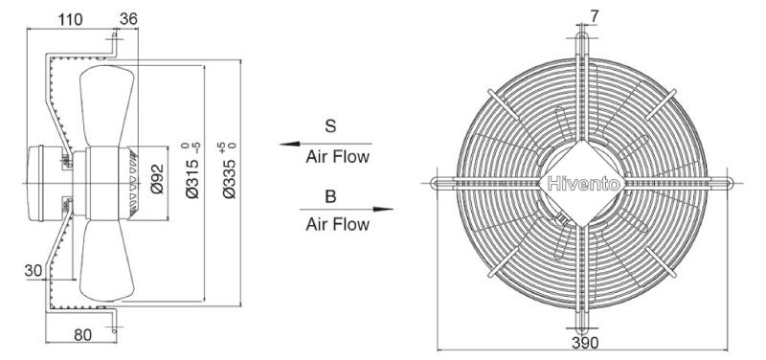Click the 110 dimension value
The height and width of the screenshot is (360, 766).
pos(70,19)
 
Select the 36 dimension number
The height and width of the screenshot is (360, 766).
pos(129,19)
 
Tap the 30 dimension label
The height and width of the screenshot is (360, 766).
pos(34,271)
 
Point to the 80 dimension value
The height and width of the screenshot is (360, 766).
pos(82,335)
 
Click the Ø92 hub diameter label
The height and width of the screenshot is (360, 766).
pos(157,179)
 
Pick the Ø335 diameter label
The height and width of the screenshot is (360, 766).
pos(231,171)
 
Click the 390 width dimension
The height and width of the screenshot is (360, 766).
pos(585,344)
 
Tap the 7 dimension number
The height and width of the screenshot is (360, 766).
pos(594,16)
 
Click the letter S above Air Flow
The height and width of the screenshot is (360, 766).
pos(330,126)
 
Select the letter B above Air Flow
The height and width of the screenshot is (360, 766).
pos(330,196)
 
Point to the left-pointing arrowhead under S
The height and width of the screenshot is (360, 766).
pos(289,145)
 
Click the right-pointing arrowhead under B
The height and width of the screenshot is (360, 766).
pos(384,210)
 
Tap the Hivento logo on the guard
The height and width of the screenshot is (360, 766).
pos(584,184)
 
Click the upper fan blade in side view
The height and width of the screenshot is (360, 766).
pos(107,106)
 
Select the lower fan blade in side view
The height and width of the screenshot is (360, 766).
pos(107,259)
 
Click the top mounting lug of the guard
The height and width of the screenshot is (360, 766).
pos(583,44)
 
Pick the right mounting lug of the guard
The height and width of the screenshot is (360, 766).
pos(720,183)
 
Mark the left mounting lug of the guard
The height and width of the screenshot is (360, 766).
pos(444,183)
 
